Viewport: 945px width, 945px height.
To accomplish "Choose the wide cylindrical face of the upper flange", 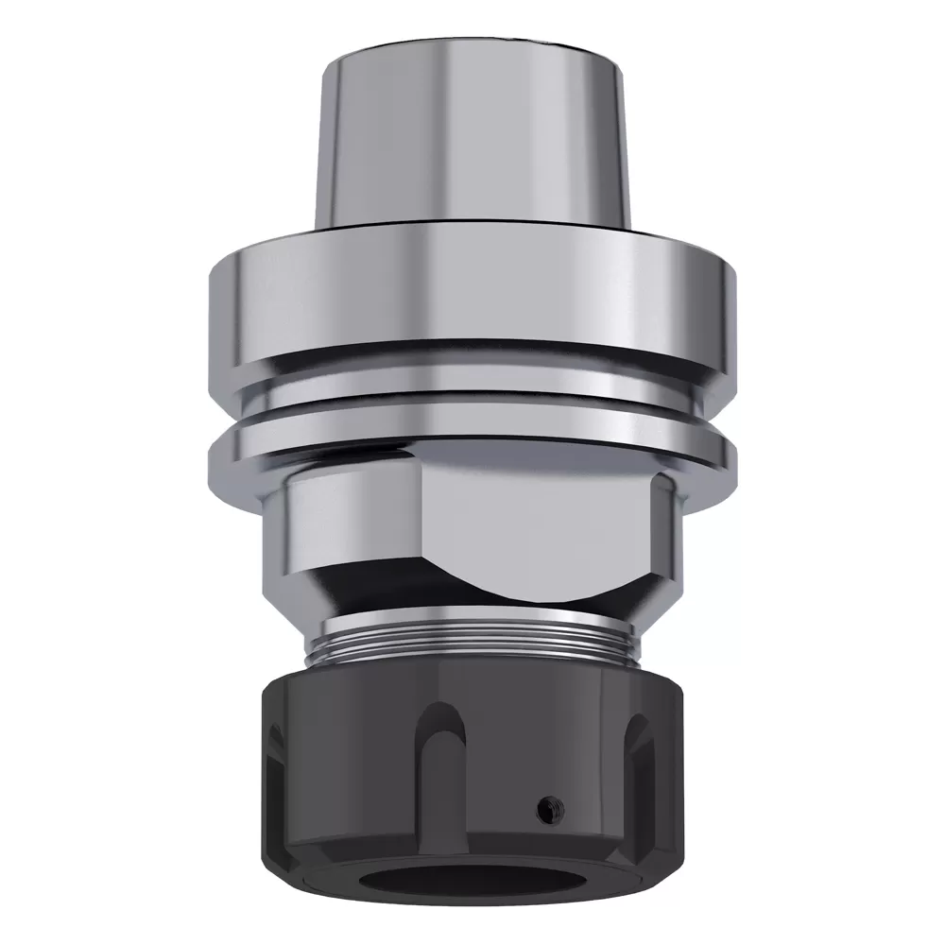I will [x=472, y=293].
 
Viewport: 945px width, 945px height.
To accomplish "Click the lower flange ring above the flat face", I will [x=472, y=439].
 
